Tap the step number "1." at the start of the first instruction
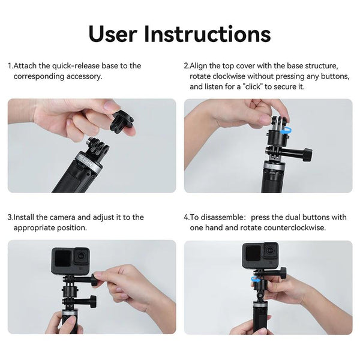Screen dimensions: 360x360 point(10,65)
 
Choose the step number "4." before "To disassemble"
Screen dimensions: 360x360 point(187,217)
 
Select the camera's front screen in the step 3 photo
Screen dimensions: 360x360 point(62,259)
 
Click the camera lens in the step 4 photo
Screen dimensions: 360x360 point(269,251)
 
